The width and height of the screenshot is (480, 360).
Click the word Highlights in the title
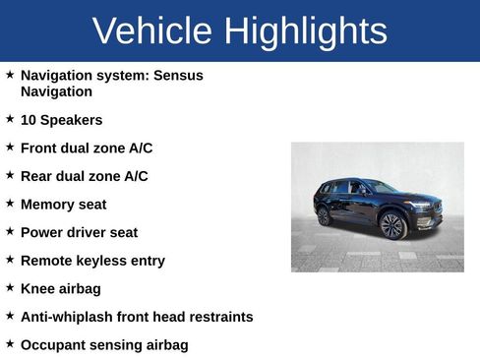[x=305, y=31]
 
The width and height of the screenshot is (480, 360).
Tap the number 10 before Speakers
[x=29, y=120]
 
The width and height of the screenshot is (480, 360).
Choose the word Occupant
[x=53, y=345]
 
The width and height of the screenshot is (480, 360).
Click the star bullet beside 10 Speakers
[x=10, y=119]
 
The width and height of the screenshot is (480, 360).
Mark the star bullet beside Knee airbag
[x=10, y=288]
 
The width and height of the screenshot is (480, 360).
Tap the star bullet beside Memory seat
[x=10, y=204]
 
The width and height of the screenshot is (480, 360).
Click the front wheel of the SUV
[x=392, y=226]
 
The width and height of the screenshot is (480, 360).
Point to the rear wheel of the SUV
[x=324, y=215]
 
